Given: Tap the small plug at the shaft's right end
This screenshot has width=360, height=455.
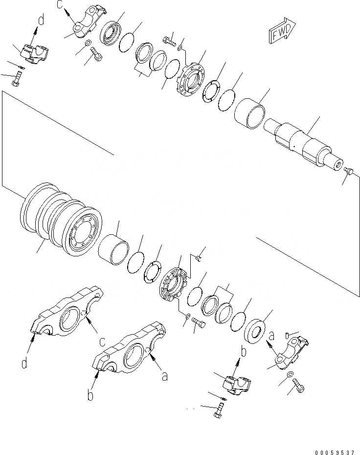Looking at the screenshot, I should tap(349, 171).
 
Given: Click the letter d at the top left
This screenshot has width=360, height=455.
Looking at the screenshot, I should tap(41, 20).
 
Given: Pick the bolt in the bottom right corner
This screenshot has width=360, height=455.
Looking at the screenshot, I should tap(299, 388).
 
